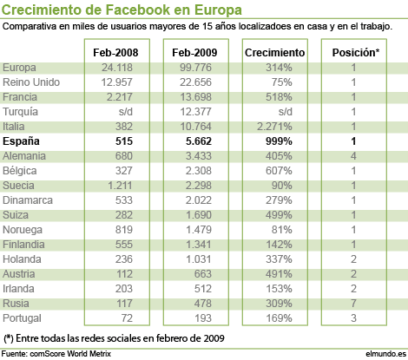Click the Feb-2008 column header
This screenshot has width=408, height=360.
tap(115, 53)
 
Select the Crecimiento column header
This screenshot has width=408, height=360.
tap(274, 53)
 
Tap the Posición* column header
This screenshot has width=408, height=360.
tap(356, 52)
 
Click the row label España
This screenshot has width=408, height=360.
tap(21, 141)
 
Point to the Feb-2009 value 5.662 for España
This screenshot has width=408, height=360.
tap(199, 141)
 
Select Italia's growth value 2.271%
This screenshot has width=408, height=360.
tap(274, 127)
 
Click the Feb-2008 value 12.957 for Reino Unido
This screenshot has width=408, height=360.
tap(116, 82)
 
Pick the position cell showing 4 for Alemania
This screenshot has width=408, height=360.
tap(353, 156)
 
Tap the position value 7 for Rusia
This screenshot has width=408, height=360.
tap(353, 304)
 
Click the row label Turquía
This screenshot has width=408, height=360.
tap(20, 112)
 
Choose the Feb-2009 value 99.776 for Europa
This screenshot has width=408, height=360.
tap(195, 68)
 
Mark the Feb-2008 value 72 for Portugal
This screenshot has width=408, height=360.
tap(127, 318)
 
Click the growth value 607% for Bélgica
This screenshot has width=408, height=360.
tap(279, 171)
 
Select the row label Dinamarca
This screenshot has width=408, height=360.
tap(28, 200)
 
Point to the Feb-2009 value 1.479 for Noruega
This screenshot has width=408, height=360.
tap(199, 230)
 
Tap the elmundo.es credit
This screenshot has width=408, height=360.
tap(385, 354)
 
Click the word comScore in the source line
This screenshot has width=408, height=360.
tap(48, 354)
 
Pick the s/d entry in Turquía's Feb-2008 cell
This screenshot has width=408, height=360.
tap(126, 112)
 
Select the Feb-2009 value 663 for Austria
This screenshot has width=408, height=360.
tap(203, 274)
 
